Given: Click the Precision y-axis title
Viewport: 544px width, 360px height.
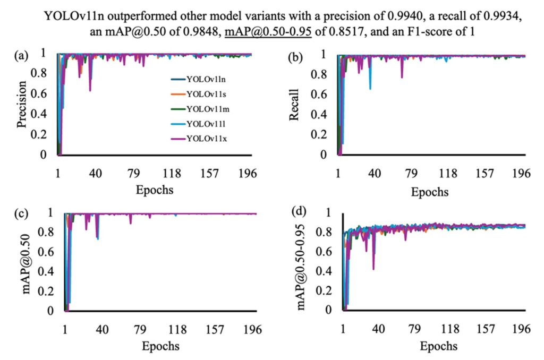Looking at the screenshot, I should (22, 106).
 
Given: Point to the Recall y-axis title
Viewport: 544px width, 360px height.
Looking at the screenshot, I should (295, 105).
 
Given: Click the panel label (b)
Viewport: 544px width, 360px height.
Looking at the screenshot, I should (296, 54).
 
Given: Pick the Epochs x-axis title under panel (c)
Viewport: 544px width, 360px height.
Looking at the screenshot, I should (160, 347).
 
